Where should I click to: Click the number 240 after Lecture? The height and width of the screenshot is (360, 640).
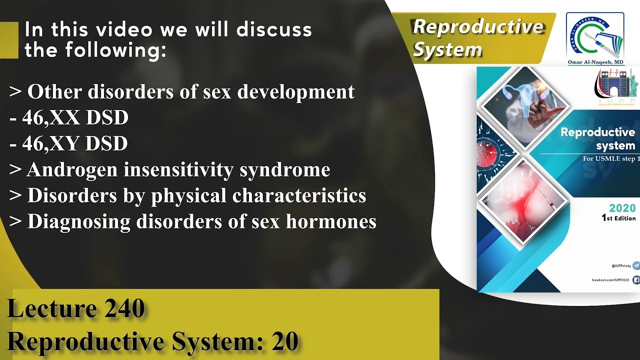point(124,309)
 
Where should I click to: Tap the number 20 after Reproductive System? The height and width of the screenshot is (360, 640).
point(285,342)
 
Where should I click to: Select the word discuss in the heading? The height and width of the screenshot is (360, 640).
point(274,30)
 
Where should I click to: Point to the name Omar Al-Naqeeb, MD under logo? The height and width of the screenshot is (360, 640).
point(595,62)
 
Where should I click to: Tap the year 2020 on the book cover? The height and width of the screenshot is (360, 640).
point(622,208)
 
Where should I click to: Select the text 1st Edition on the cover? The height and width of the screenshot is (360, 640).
point(619,218)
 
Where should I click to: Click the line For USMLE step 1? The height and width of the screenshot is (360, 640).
point(611,159)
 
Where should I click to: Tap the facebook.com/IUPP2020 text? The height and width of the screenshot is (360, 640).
point(610,280)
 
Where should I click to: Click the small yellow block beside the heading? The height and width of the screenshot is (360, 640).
point(8,40)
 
